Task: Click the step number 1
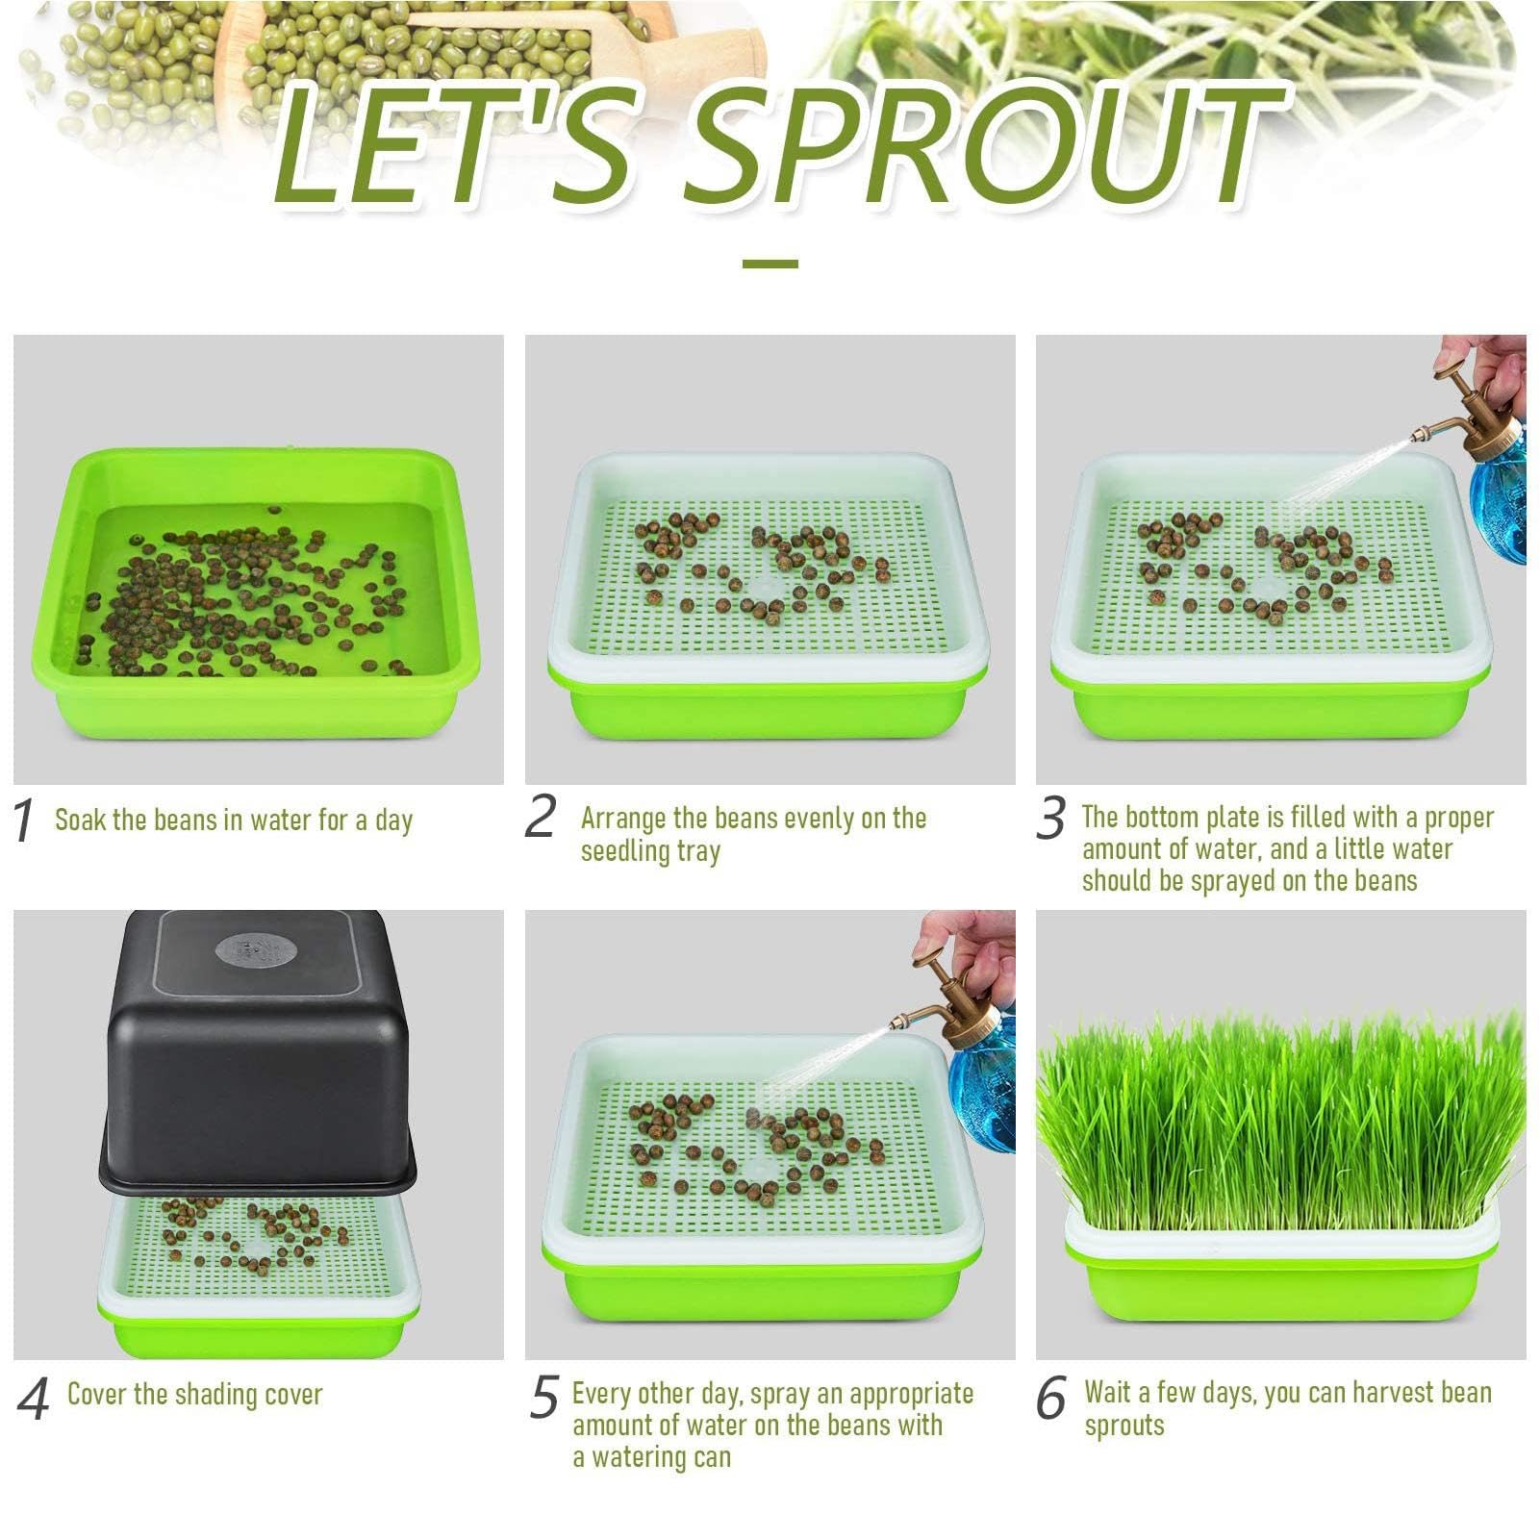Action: tap(24, 821)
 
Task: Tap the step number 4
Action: tap(33, 1400)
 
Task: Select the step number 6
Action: tap(1051, 1398)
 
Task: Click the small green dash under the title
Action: tap(770, 263)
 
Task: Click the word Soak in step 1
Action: tap(80, 820)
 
